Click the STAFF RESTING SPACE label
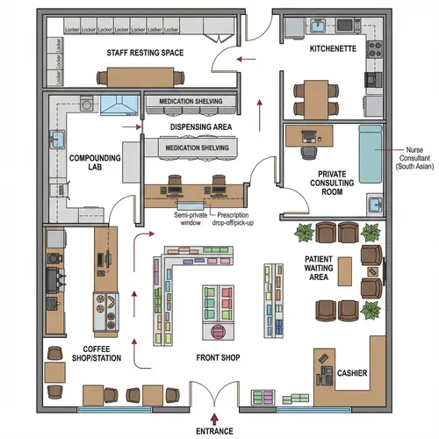pyautogui.click(x=145, y=54)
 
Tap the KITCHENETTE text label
pyautogui.click(x=333, y=49)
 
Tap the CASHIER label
pyautogui.click(x=351, y=374)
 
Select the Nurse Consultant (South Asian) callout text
pyautogui.click(x=414, y=157)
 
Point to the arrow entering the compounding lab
pyautogui.click(x=133, y=129)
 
